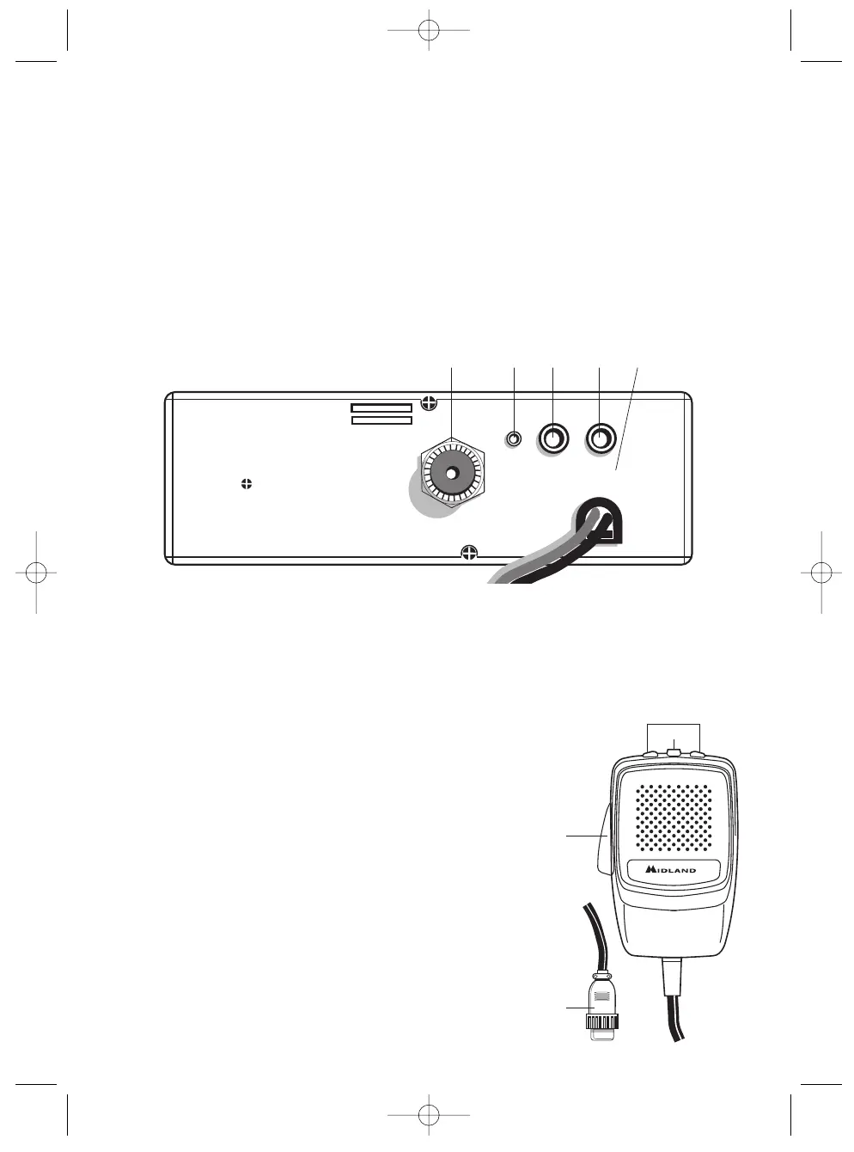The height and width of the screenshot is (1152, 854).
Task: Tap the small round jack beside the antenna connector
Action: tap(514, 438)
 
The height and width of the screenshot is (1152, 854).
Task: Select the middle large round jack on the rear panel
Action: tap(553, 439)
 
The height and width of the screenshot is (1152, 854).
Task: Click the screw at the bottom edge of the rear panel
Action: tap(468, 553)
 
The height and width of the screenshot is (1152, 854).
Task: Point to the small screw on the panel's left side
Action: tap(247, 484)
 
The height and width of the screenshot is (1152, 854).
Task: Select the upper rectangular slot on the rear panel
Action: tap(381, 407)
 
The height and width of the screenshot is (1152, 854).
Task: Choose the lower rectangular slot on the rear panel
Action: tap(382, 420)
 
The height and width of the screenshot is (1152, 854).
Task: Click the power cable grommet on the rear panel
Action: tap(600, 524)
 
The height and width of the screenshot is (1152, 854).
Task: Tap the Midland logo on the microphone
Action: tap(672, 870)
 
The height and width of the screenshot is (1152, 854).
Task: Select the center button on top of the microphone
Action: tap(674, 755)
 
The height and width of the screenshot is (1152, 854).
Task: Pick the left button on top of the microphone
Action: tap(650, 757)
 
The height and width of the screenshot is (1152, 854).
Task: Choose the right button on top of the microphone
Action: tap(698, 757)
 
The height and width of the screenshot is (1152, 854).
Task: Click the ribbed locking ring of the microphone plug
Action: tap(602, 1022)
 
